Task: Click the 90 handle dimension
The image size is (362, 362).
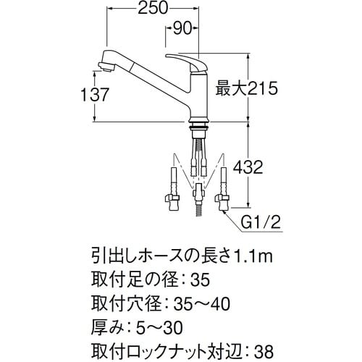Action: [182, 30]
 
